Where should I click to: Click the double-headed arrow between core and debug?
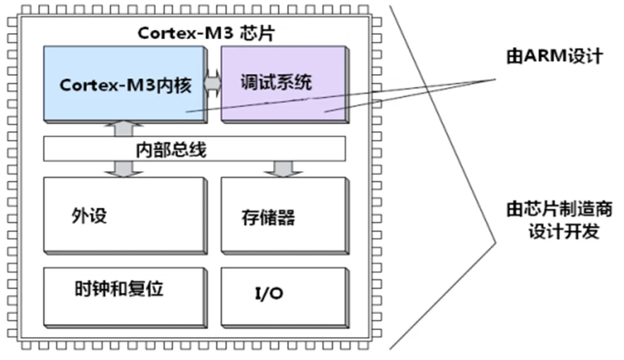[213, 83]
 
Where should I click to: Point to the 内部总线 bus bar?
[194, 149]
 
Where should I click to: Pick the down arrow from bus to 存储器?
[283, 168]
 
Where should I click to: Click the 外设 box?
[124, 215]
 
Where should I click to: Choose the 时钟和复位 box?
[124, 295]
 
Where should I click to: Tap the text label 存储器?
[267, 218]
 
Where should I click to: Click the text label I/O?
[269, 293]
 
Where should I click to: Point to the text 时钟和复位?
[119, 290]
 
